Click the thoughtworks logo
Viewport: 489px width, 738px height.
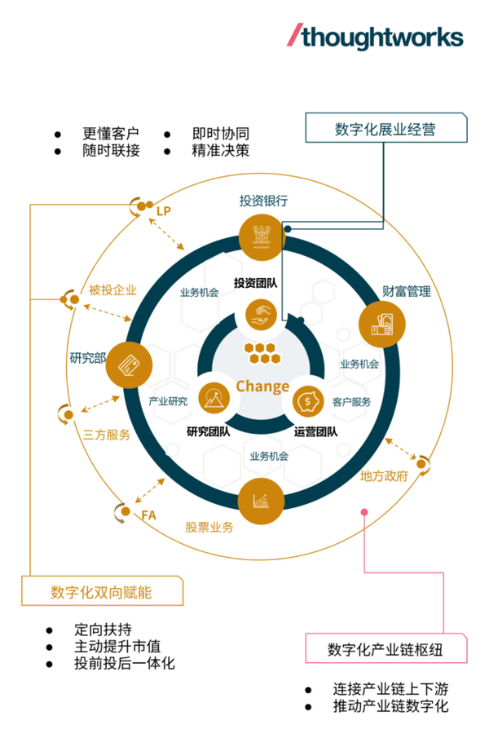click(x=376, y=37)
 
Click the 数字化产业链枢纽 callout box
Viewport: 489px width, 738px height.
click(x=386, y=649)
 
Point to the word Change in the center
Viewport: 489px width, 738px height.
click(x=262, y=386)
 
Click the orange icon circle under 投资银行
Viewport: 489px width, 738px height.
click(x=262, y=235)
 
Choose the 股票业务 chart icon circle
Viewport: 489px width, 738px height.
click(x=262, y=501)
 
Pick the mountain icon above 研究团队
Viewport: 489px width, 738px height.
click(x=215, y=399)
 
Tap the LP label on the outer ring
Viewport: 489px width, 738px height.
click(x=165, y=211)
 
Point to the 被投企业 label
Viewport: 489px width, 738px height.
click(x=112, y=289)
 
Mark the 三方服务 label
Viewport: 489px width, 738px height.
click(x=107, y=435)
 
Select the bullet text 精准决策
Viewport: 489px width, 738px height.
click(x=220, y=151)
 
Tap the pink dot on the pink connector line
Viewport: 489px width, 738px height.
click(x=364, y=512)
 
